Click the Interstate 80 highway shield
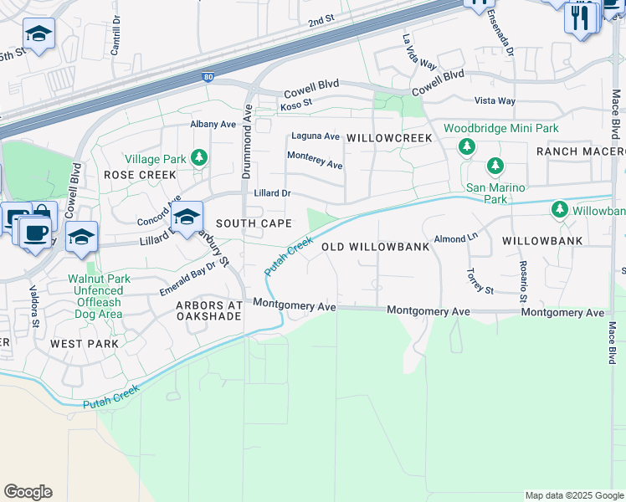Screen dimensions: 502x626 208,78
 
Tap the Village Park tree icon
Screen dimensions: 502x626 198,156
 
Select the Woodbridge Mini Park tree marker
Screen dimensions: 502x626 467,146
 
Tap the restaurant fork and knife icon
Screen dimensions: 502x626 580,17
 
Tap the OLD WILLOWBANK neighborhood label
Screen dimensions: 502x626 376,247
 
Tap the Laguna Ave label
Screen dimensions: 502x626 315,136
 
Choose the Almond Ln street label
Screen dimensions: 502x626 455,238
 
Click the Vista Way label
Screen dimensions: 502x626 495,100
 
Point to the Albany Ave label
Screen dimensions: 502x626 213,124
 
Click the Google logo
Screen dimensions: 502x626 28,492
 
